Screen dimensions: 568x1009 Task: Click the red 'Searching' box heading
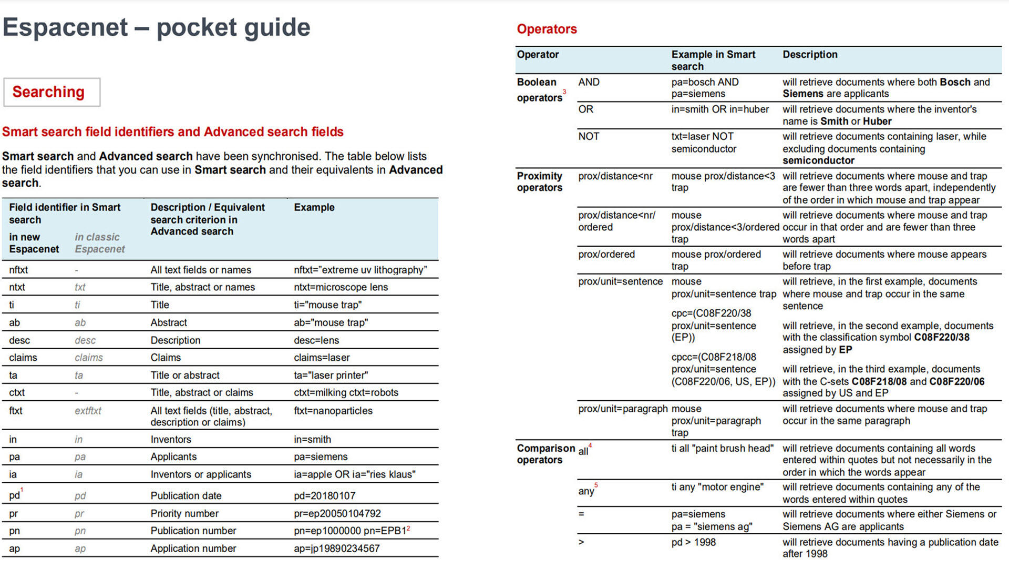click(48, 92)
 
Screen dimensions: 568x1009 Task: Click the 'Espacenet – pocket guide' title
click(157, 27)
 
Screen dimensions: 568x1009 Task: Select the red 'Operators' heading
click(547, 29)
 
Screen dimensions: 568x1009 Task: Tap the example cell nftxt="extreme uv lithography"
click(361, 270)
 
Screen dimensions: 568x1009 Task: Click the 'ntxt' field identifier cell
click(17, 287)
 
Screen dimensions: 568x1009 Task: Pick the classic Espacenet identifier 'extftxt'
click(88, 411)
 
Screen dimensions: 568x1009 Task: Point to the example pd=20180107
click(324, 495)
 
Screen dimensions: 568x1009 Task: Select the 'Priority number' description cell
click(184, 513)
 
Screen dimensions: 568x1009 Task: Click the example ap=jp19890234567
click(336, 549)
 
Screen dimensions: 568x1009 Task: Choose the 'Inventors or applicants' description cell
click(201, 474)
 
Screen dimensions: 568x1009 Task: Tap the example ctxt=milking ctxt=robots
click(346, 392)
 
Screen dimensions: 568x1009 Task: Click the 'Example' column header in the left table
click(314, 207)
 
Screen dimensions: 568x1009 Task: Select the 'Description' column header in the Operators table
click(810, 55)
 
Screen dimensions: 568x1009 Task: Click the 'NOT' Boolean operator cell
click(589, 136)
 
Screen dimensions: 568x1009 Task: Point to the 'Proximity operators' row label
click(540, 181)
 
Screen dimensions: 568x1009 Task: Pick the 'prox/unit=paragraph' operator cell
click(623, 409)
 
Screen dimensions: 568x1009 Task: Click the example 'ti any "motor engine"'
click(717, 487)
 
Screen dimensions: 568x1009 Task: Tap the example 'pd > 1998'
click(693, 542)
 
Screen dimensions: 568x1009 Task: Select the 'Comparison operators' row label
click(545, 454)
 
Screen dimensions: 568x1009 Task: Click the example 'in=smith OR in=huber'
click(720, 109)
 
